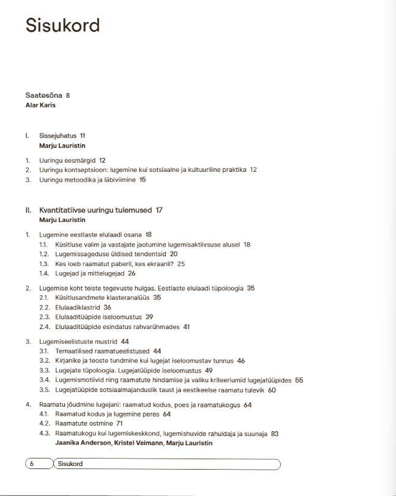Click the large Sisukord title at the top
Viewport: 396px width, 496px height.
tap(62, 26)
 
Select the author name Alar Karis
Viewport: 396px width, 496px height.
tap(40, 105)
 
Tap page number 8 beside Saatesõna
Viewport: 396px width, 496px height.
tap(68, 95)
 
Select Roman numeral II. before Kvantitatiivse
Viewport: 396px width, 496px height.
tap(28, 210)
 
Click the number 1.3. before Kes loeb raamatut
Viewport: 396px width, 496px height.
tap(44, 264)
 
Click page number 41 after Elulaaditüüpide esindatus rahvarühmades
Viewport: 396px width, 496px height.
tap(186, 327)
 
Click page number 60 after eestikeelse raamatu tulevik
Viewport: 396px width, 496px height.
tap(272, 390)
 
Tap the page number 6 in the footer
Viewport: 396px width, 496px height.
tap(32, 464)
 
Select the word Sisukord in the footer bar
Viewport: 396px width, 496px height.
tap(69, 464)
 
